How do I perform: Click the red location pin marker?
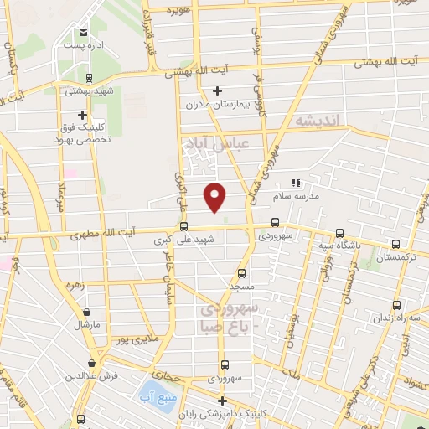coord(215,196)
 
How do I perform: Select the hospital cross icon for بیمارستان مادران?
coord(217,90)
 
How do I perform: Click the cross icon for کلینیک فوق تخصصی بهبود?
coord(82,115)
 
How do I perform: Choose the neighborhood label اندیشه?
coord(320,123)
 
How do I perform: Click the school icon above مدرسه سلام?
coord(294,183)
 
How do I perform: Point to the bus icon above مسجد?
coord(242,273)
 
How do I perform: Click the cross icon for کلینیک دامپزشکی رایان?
coord(221,400)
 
